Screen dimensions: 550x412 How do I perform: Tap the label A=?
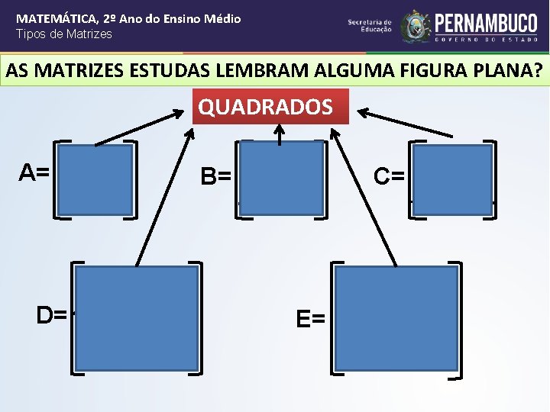click(x=34, y=173)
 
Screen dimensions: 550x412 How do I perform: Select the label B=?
click(x=216, y=178)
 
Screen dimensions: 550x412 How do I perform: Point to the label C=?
click(x=389, y=176)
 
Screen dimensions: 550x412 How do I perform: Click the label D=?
click(x=52, y=314)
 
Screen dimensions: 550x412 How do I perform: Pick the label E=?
click(x=311, y=319)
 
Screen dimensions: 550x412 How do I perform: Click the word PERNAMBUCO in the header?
click(x=486, y=22)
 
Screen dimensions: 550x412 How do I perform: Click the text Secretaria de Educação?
click(x=370, y=26)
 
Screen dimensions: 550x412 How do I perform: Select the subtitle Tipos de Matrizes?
click(x=64, y=34)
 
